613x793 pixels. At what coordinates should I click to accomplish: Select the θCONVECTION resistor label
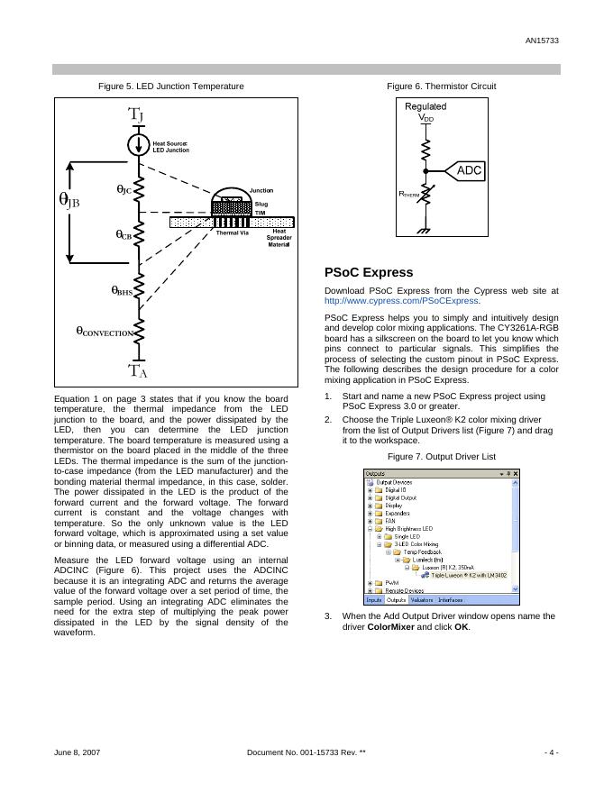[x=104, y=333]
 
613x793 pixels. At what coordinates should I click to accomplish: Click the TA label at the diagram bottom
[x=137, y=370]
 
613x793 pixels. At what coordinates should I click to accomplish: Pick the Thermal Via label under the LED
[x=232, y=232]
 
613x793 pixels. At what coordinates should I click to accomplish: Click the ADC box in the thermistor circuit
[x=469, y=170]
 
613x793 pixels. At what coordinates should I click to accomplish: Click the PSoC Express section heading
[x=368, y=272]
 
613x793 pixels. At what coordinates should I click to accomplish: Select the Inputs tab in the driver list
[x=374, y=599]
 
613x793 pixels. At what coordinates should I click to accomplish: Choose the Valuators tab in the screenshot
[x=421, y=599]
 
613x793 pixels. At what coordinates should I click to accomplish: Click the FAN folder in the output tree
[x=389, y=521]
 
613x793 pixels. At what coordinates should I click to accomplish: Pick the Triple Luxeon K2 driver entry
[x=469, y=574]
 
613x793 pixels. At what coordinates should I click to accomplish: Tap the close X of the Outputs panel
[x=516, y=472]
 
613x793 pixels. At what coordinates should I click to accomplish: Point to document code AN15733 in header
[x=542, y=41]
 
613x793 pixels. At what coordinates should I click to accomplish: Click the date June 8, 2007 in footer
[x=77, y=751]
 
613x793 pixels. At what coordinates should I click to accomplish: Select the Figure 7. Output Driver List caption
[x=442, y=456]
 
